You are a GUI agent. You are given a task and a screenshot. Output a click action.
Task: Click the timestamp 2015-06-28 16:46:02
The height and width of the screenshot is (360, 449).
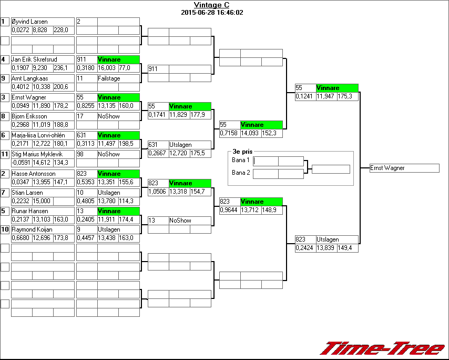211,12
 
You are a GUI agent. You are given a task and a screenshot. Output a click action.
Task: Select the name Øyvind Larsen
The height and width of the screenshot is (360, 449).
29,22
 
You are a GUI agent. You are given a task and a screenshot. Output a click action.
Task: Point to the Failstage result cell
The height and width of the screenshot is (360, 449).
109,78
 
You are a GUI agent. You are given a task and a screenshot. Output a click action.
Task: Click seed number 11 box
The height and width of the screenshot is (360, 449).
5,154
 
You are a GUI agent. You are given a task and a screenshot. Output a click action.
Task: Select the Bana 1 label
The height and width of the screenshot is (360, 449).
240,159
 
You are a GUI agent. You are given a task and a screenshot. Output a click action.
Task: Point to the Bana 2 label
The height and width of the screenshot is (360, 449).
240,172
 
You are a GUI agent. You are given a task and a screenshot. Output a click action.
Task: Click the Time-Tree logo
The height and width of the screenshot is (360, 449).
383,348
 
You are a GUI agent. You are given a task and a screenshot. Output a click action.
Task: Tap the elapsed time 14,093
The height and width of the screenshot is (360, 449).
250,133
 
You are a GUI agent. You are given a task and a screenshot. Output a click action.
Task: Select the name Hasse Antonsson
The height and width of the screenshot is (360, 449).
34,174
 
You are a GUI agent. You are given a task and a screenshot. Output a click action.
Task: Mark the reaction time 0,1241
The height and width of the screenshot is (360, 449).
304,96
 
